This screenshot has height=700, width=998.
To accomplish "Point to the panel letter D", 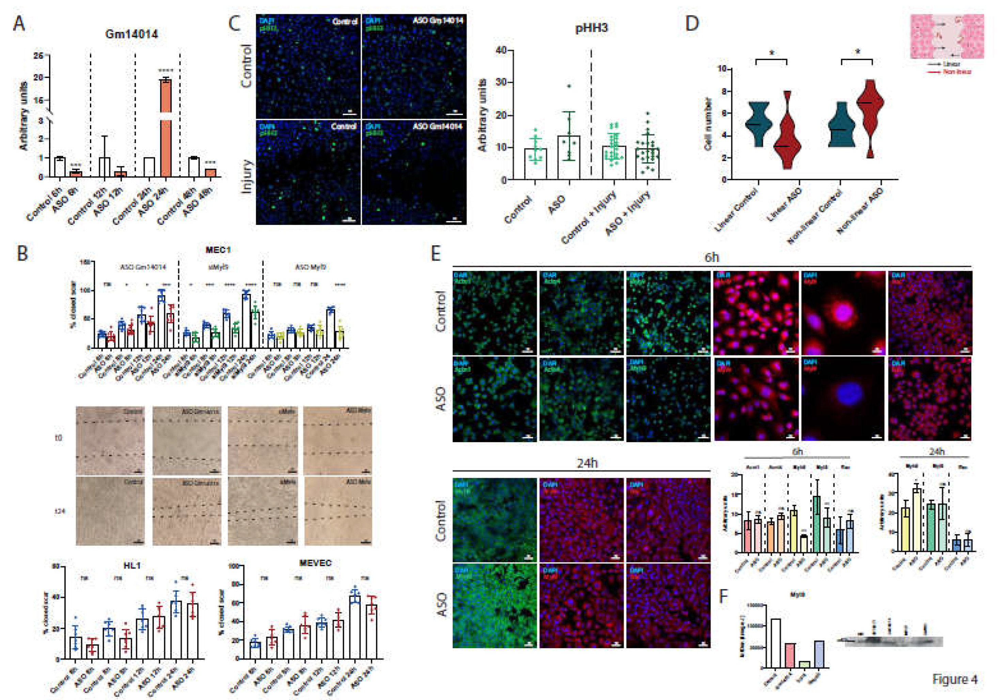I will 692,24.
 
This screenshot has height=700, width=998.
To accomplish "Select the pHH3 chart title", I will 591,29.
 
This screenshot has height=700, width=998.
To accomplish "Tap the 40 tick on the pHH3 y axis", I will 501,50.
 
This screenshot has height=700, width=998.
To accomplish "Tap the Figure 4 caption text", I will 954,679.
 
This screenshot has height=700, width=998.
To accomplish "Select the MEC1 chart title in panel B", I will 218,250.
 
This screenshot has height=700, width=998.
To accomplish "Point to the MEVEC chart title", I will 315,563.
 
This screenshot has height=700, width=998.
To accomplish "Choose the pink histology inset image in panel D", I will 947,36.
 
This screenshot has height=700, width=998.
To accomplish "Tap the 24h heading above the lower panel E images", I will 587,463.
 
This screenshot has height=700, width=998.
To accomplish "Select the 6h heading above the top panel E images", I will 712,257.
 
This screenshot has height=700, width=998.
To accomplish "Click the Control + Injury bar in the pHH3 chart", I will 614,163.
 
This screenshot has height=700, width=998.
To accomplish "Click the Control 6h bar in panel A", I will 59,167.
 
